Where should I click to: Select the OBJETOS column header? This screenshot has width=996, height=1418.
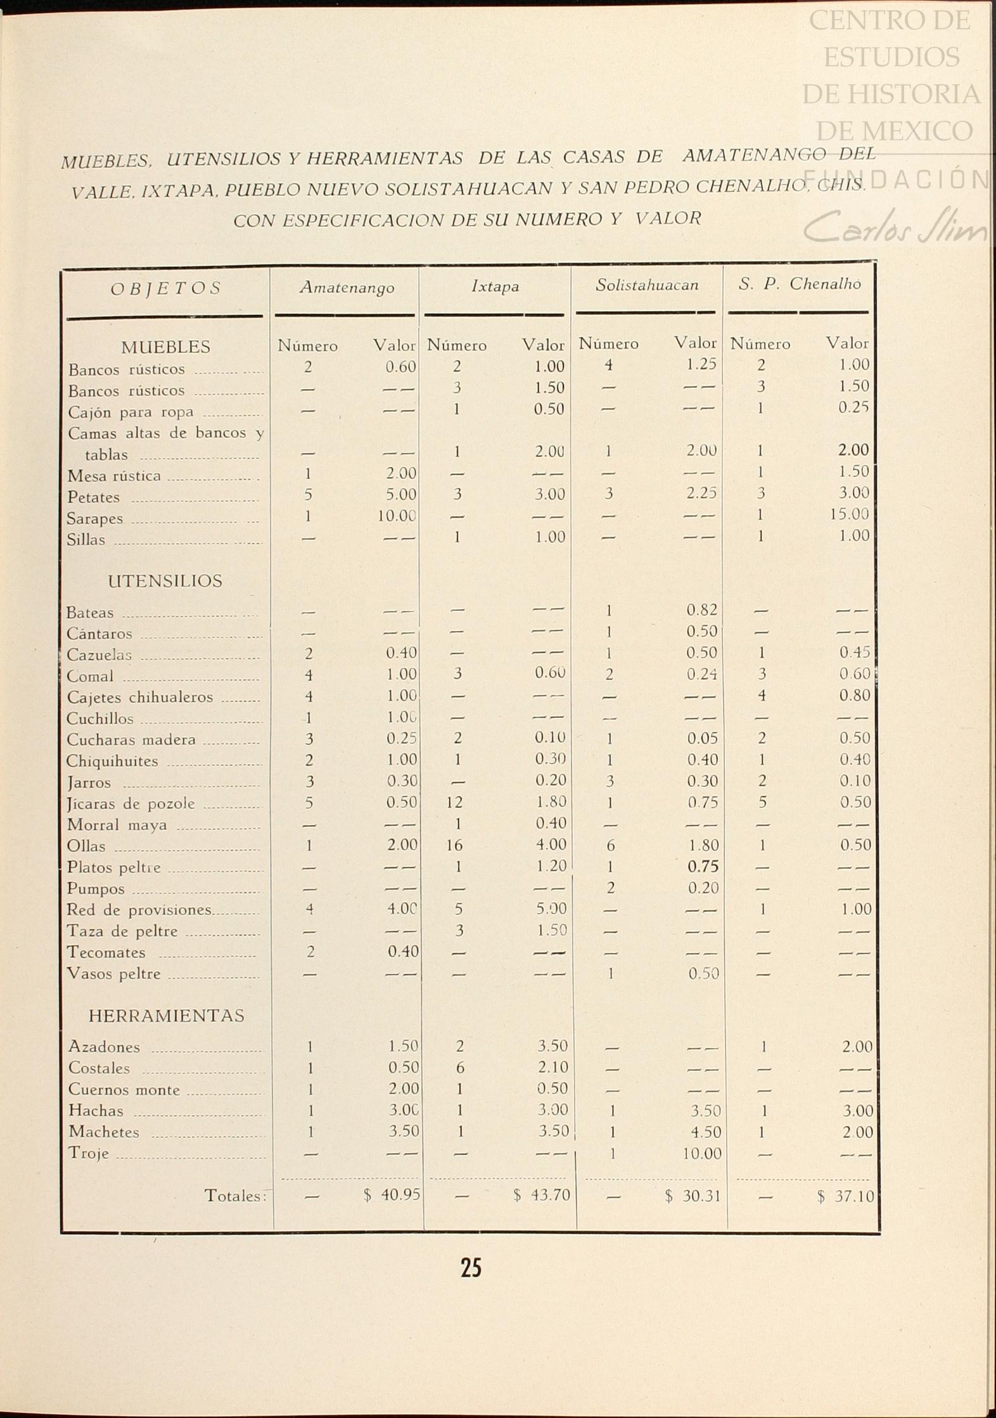click(165, 289)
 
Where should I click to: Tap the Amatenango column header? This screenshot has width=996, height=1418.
click(347, 288)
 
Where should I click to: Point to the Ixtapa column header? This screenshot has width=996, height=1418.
click(495, 286)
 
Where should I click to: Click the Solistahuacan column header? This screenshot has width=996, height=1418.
click(647, 285)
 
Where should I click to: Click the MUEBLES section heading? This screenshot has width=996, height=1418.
click(166, 347)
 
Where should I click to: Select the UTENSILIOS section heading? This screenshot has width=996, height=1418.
click(165, 581)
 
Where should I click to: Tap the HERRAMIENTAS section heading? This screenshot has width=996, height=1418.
click(166, 1016)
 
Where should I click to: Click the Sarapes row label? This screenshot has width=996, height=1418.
click(95, 519)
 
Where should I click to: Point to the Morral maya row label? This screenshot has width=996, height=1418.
click(117, 825)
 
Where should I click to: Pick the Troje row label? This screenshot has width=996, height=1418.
click(89, 1153)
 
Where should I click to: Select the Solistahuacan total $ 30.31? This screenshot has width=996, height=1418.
click(693, 1196)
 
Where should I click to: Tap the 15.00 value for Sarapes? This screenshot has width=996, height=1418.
click(849, 514)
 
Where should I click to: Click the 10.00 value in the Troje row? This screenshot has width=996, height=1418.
click(702, 1153)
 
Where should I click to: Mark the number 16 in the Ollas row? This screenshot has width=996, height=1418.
click(454, 845)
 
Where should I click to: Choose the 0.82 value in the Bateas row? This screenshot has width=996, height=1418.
click(702, 610)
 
